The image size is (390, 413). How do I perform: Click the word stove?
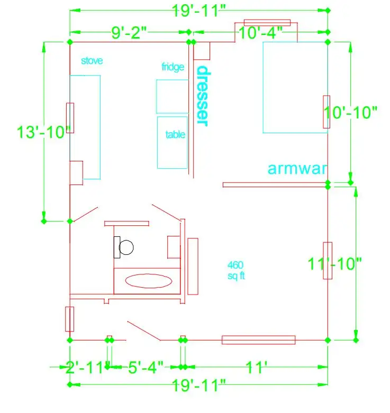click(92, 61)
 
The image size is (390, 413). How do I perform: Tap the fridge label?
click(173, 67)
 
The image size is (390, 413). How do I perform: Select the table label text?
click(175, 135)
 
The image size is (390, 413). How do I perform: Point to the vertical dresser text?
click(204, 96)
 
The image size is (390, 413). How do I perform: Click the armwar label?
click(297, 169)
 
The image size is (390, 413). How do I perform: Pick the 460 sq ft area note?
click(236, 271)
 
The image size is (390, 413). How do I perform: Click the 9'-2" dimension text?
click(129, 33)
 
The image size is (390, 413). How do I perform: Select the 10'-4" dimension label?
click(260, 33)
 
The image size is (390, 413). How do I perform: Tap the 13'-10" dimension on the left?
click(44, 132)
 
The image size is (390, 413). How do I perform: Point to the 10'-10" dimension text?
click(350, 113)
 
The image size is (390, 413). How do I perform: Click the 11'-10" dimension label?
click(334, 264)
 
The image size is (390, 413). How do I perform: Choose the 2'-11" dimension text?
click(84, 368)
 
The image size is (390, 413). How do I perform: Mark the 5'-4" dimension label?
click(146, 367)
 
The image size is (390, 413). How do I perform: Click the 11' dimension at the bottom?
click(257, 367)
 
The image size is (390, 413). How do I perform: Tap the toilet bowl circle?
click(126, 247)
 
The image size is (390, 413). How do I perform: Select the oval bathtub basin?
click(149, 281)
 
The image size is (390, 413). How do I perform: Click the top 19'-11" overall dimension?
click(199, 11)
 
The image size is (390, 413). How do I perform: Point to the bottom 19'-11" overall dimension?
click(199, 386)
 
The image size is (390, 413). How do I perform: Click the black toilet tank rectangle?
click(117, 247)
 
